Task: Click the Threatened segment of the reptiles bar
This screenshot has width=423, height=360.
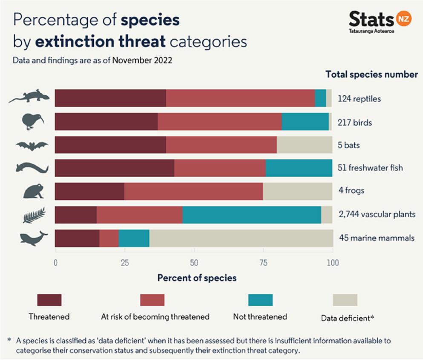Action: [x=110, y=98]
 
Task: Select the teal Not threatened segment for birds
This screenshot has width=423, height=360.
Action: [x=305, y=122]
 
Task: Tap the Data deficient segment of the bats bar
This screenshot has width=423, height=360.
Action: [x=304, y=145]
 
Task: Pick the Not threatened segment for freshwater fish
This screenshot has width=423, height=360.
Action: [x=299, y=168]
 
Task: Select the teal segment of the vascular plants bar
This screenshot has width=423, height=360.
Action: [x=251, y=214]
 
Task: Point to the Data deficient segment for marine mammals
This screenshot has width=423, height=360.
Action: [x=241, y=238]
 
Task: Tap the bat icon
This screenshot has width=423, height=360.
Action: [x=32, y=146]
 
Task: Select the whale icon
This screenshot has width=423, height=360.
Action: [x=34, y=238]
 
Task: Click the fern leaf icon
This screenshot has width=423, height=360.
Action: [x=34, y=215]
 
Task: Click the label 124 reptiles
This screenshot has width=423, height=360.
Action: [x=359, y=99]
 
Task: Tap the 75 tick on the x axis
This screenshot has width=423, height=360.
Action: [x=263, y=262]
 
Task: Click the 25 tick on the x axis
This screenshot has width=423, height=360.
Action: [x=124, y=262]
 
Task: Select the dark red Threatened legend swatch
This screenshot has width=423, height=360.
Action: [x=49, y=300]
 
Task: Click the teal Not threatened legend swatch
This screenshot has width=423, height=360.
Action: [x=260, y=300]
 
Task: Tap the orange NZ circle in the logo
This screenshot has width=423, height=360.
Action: [x=402, y=20]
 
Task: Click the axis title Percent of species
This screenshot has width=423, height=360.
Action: [x=197, y=278]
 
